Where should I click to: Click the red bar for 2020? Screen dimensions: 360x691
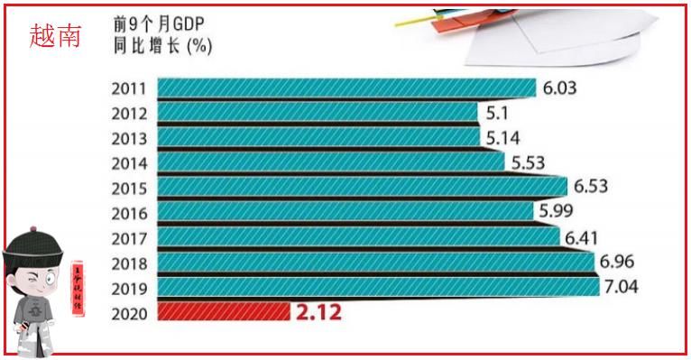pos(223,312)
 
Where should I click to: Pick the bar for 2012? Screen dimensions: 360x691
pos(317,113)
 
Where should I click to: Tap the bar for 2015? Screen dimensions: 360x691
pos(362,188)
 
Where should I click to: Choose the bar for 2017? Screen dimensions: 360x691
pos(358,237)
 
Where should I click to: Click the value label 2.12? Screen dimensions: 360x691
pos(318,313)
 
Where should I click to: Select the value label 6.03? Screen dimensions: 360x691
pos(559,88)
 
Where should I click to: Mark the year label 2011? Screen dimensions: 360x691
pos(131,88)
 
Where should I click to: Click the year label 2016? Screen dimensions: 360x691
pos(131,214)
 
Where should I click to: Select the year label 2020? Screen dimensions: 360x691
pos(131,313)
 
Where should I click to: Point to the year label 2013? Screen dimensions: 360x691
pos(131,139)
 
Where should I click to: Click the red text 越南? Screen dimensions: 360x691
pos(54,36)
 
